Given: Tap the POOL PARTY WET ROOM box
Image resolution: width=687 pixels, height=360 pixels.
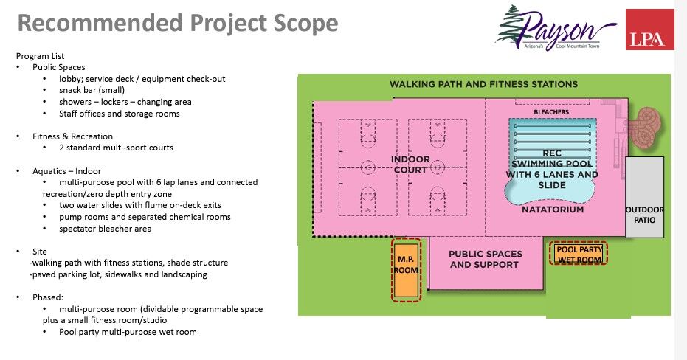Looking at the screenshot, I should coord(579,254).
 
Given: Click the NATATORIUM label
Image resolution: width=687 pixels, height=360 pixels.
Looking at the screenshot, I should coord(552,210).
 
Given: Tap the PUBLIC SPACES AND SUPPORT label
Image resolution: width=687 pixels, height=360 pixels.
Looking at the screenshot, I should coord(485,259).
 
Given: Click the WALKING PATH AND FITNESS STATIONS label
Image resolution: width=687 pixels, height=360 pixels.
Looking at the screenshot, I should coord(483,84).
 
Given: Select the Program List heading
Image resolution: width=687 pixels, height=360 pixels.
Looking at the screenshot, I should coord(40,56).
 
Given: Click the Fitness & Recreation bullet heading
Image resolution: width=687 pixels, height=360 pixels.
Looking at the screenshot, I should coord(72,136).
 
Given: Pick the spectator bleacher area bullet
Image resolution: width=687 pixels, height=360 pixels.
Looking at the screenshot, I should coord(106,229).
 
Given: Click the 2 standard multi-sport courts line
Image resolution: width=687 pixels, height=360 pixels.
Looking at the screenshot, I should coord(117,148).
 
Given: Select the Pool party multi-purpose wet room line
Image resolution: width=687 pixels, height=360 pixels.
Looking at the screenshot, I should coord(128,332).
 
